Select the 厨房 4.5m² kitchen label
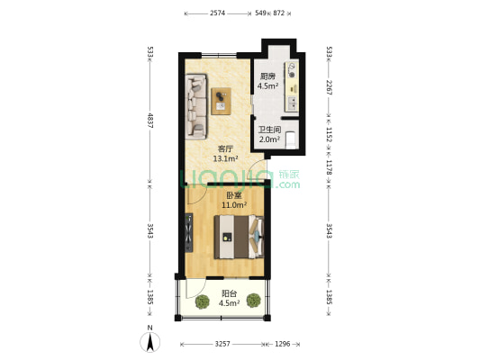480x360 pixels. tap(267, 82)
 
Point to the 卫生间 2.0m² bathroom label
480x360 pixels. tap(269, 134)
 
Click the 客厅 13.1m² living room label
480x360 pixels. tap(225, 154)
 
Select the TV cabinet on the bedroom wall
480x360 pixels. tap(189, 234)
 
